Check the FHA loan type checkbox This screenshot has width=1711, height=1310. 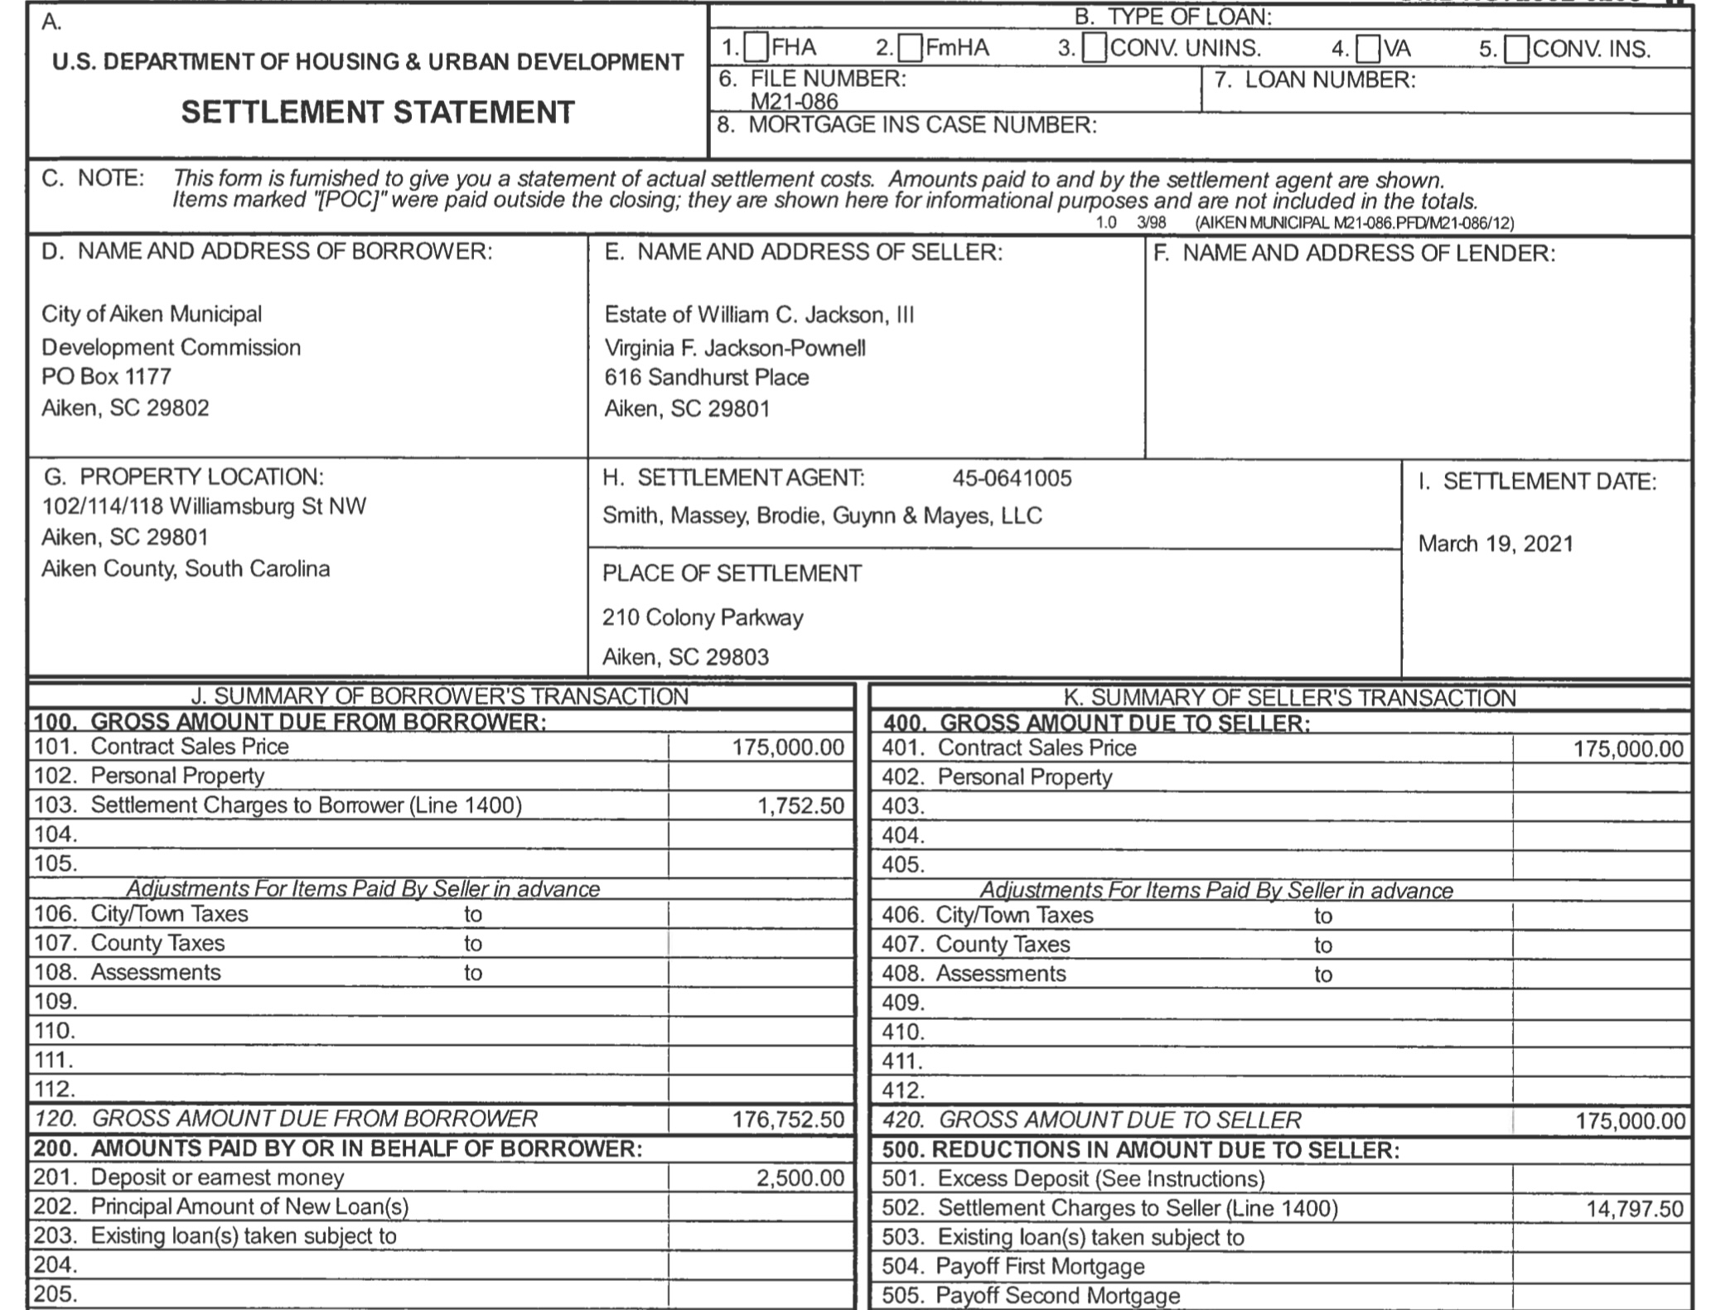click(756, 49)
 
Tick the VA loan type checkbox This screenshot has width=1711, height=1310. click(1367, 50)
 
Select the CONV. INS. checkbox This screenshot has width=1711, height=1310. click(1516, 50)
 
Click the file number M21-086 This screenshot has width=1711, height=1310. click(794, 102)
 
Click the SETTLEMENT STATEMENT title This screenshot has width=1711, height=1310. click(378, 112)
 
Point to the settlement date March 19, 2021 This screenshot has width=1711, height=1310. click(1496, 544)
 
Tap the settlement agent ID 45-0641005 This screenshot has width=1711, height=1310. click(1012, 478)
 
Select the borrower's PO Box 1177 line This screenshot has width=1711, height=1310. click(106, 377)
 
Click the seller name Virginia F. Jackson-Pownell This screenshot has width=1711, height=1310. click(735, 348)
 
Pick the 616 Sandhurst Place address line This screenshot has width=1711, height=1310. click(706, 378)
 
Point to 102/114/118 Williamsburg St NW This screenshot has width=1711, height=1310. click(204, 506)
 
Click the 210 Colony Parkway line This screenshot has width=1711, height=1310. click(703, 618)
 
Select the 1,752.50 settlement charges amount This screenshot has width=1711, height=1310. click(800, 805)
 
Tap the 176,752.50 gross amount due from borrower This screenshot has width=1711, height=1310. click(788, 1120)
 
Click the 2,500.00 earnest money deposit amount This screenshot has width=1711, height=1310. click(800, 1178)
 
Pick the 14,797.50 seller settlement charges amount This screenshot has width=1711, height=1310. click(1635, 1209)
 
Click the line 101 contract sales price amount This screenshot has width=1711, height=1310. click(787, 747)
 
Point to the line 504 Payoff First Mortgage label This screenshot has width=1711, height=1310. click(1039, 1266)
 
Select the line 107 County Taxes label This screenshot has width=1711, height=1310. click(157, 943)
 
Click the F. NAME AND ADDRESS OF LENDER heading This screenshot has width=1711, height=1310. click(1354, 254)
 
